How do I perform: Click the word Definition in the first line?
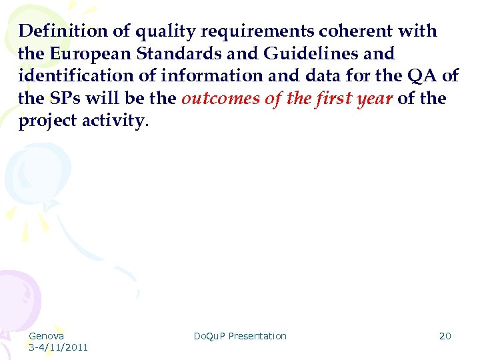pos(59,31)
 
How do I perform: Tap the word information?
pos(204,77)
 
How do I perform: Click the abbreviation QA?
pos(422,77)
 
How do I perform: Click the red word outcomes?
pos(221,99)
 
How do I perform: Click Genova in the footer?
pos(46,336)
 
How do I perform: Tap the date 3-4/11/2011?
pos(59,347)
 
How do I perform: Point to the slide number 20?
pos(445,336)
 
